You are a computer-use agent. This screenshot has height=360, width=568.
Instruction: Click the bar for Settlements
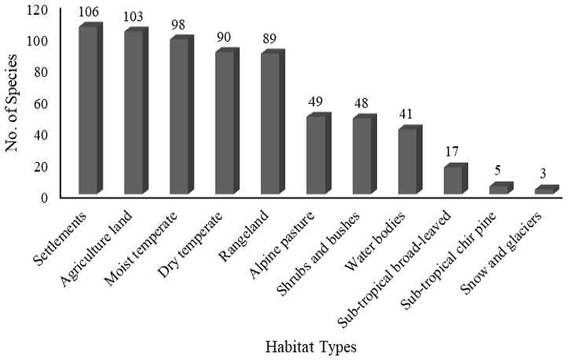pyautogui.click(x=91, y=108)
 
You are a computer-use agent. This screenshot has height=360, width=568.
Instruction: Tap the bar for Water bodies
pyautogui.click(x=410, y=160)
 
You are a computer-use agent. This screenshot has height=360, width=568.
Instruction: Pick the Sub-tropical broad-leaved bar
pyautogui.click(x=456, y=178)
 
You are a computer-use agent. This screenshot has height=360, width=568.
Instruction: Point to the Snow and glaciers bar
pyautogui.click(x=547, y=189)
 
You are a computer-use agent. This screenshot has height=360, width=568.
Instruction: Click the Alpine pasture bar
pyautogui.click(x=319, y=153)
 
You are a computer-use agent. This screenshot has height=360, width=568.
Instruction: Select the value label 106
pyautogui.click(x=89, y=12)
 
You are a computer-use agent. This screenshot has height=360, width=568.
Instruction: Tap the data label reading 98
pyautogui.click(x=178, y=25)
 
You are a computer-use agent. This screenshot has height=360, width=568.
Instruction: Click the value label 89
pyautogui.click(x=269, y=39)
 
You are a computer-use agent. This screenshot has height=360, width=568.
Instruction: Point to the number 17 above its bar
pyautogui.click(x=452, y=152)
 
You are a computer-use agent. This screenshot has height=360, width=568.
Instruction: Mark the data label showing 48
pyautogui.click(x=361, y=103)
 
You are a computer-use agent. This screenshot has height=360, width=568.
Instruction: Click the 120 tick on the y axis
pyautogui.click(x=37, y=10)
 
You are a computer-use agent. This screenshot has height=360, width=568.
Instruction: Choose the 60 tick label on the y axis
pyautogui.click(x=41, y=104)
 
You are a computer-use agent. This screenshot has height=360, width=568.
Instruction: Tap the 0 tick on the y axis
pyautogui.click(x=44, y=198)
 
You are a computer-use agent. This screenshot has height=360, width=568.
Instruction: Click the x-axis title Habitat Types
pyautogui.click(x=311, y=347)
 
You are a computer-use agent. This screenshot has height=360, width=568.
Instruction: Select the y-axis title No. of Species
pyautogui.click(x=11, y=103)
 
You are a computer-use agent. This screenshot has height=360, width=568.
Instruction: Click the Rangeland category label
pyautogui.click(x=244, y=236)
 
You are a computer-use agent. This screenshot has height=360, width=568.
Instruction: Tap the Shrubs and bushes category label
pyautogui.click(x=318, y=254)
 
